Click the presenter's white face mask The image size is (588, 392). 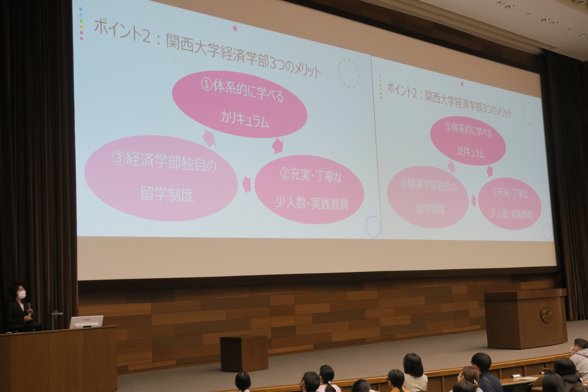(x=21, y=294)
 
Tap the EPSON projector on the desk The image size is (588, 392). (x=86, y=322)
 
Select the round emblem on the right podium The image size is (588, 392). (x=546, y=312)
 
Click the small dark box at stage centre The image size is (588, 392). (x=244, y=353)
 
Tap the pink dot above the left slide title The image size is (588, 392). (x=235, y=28)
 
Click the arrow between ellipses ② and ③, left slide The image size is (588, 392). (x=247, y=184)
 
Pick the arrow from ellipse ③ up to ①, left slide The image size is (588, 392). (x=209, y=138)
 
